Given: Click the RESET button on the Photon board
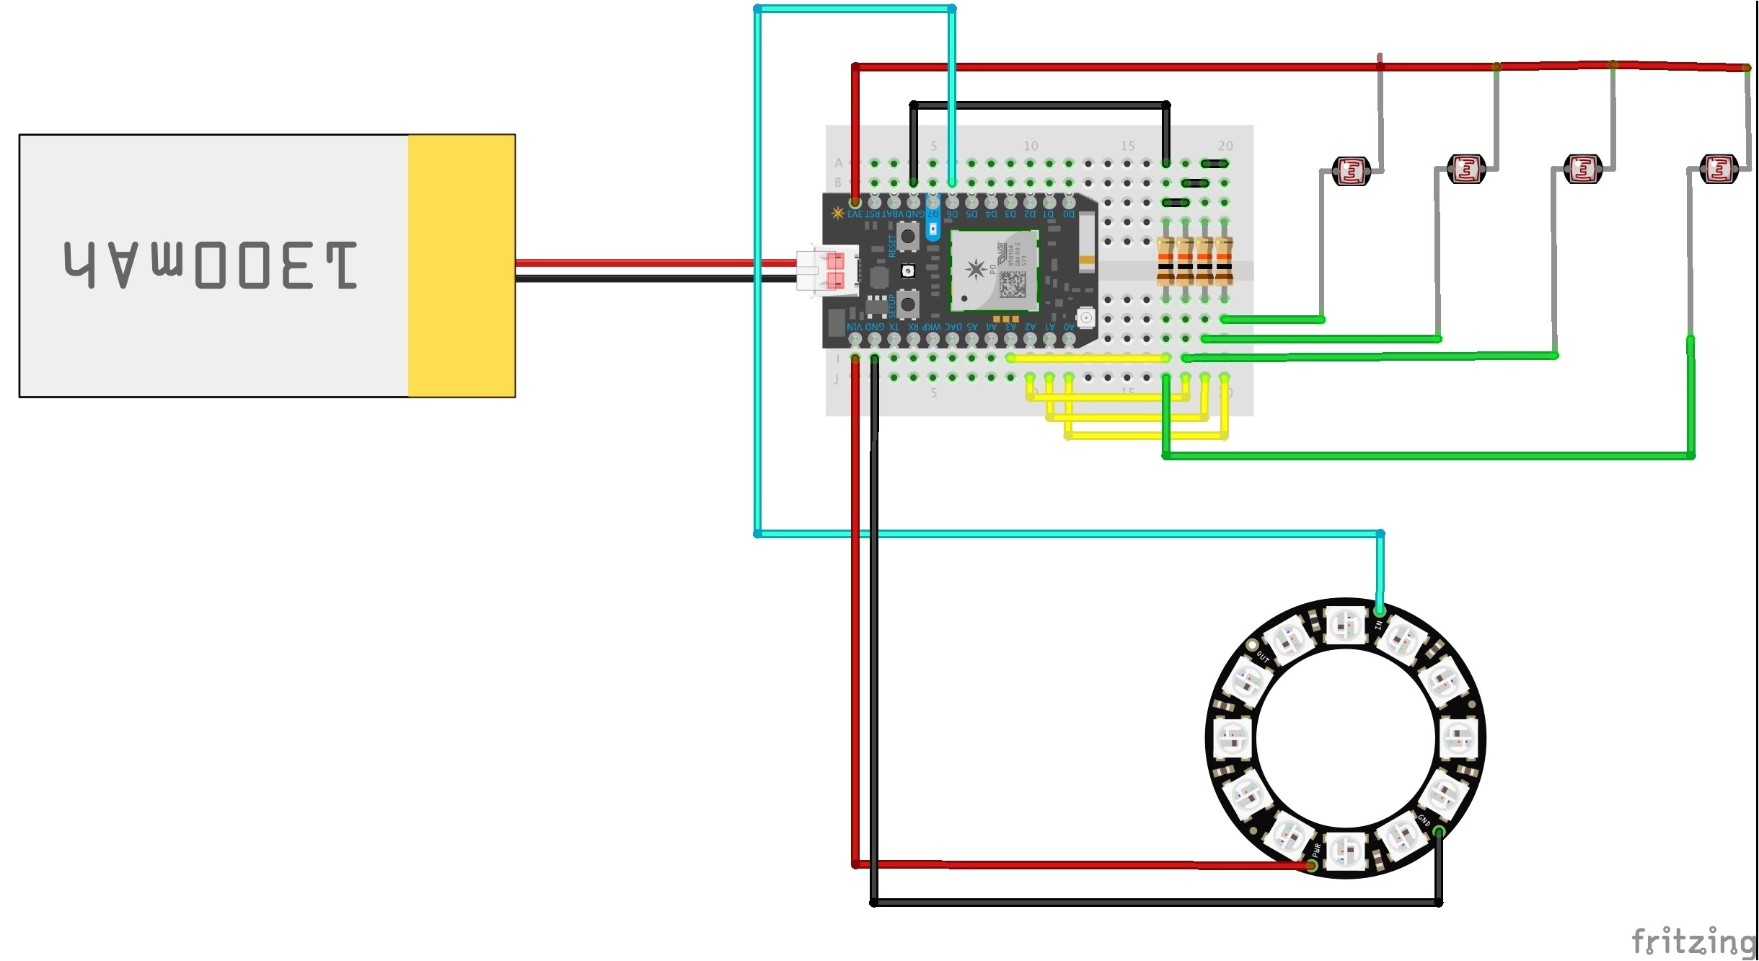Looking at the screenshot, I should coord(907,236).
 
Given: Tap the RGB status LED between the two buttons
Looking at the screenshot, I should coord(908,271).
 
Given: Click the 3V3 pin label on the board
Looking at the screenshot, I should coord(855,214).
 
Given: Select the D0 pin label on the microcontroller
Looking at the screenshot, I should coord(1068,214).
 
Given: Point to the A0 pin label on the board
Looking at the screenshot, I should coord(1069,327).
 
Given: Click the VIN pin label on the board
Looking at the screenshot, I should coord(854,327).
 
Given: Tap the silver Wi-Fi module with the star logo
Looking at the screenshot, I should coord(995,271).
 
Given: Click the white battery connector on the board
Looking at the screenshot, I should coord(827,271).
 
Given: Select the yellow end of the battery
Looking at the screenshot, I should coord(462,266).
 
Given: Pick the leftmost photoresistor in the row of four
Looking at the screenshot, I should coord(1351,172).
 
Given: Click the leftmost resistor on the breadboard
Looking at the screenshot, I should coord(1165,261).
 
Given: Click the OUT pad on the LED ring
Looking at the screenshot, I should coord(1253,645).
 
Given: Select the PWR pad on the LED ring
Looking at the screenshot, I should coord(1313,865).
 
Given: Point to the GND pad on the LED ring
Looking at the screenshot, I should coord(1438,832).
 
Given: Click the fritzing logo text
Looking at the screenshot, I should coord(1692,942).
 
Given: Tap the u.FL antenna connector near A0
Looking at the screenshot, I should coord(1085,317).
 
